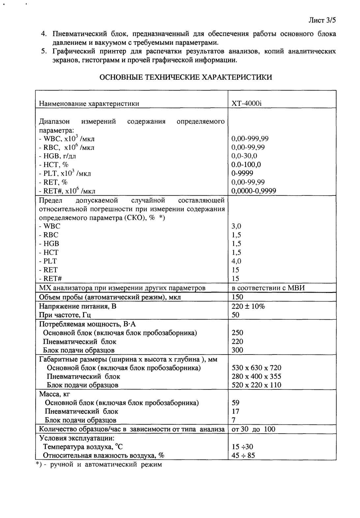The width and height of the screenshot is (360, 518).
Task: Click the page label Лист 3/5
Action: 321,20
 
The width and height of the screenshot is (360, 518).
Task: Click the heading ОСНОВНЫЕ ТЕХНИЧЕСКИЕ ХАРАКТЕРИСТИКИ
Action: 186,77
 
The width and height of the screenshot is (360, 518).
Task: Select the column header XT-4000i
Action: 247,103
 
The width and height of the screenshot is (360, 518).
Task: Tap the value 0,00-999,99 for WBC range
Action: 250,139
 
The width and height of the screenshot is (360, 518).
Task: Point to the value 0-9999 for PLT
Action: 242,173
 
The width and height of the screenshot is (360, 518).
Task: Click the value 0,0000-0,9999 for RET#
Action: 254,191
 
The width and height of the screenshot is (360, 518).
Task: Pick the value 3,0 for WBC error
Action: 236,226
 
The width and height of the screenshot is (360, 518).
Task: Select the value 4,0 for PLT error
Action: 236,261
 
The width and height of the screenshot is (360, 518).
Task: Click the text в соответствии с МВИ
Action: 268,288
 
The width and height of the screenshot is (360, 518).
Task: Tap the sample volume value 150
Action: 237,297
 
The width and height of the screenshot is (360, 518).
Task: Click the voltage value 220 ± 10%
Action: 248,306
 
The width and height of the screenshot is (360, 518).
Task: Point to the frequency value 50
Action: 235,315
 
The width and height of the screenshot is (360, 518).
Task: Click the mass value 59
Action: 235,403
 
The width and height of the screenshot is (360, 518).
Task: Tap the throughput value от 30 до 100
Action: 253,429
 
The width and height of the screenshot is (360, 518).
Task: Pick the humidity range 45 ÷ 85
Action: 243,455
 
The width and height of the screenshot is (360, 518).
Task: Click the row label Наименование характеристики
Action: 89,103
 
